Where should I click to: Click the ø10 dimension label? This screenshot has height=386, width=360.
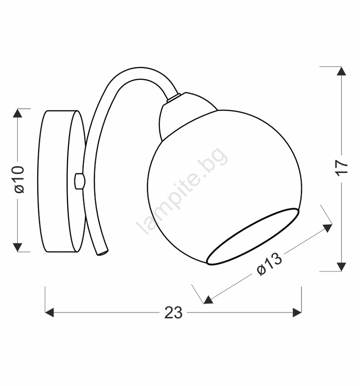pos(20,179)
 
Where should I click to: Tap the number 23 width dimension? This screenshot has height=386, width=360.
pos(173,312)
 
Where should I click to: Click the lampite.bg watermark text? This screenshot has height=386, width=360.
pos(182,191)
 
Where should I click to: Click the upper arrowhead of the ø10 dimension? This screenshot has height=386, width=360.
pos(17,113)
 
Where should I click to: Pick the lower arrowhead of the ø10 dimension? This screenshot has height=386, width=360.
pos(17,247)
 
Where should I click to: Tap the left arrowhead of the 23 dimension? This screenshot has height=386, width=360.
pos(49,312)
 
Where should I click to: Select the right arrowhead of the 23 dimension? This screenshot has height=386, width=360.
pos(297,312)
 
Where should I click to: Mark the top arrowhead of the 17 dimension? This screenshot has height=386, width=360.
pos(341,71)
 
